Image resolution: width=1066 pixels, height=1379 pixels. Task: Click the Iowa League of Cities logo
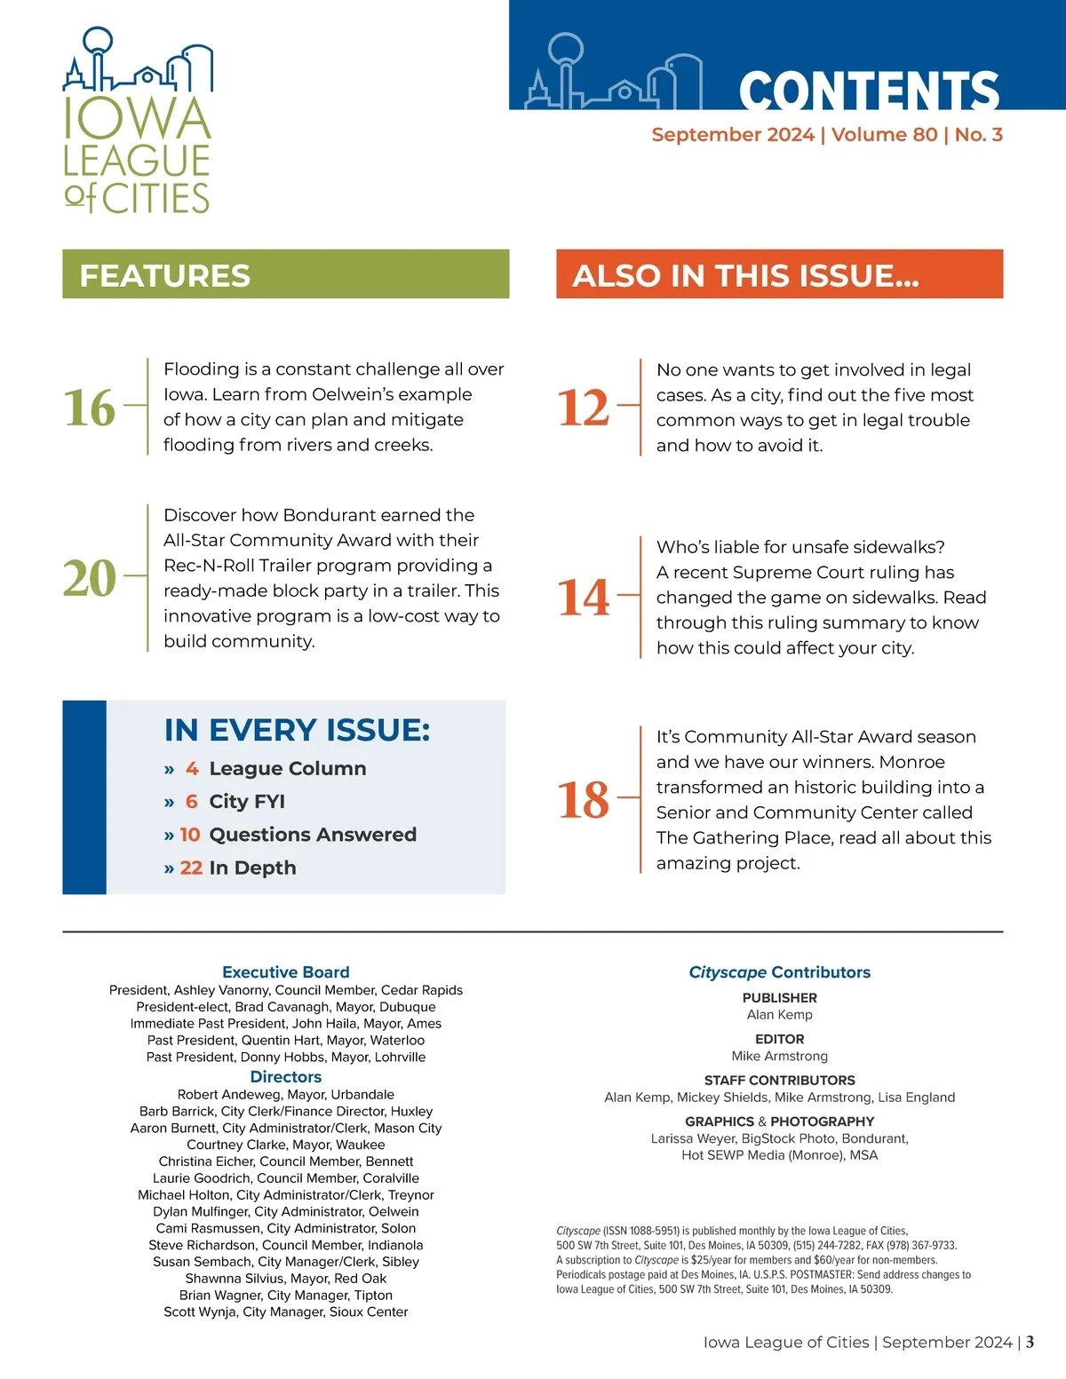(138, 121)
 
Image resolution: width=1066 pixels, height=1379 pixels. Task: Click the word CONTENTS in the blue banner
(868, 91)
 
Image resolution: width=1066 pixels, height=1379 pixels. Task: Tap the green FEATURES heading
(165, 275)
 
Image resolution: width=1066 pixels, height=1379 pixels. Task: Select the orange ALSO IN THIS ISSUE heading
(745, 275)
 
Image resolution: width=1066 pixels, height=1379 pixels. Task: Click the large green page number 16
(90, 408)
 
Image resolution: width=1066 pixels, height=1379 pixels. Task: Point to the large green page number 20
(90, 578)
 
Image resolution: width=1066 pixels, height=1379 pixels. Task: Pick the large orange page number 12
(584, 408)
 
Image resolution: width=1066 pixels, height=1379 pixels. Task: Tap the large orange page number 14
(584, 597)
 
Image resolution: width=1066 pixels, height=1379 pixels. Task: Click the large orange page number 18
(584, 799)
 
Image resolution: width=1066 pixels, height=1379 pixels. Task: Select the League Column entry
(287, 769)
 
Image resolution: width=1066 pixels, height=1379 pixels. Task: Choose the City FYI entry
(247, 802)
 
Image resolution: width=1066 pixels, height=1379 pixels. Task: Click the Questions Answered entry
(312, 835)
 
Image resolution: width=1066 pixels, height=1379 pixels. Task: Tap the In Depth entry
(252, 868)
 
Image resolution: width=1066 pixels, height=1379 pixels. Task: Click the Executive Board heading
(286, 972)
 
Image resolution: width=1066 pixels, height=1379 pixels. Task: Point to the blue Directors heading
(286, 1077)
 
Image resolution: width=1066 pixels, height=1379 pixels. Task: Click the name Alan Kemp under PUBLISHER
(779, 1015)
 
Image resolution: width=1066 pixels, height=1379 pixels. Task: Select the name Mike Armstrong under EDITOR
(779, 1057)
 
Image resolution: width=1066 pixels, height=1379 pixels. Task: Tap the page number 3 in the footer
(1030, 1342)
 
